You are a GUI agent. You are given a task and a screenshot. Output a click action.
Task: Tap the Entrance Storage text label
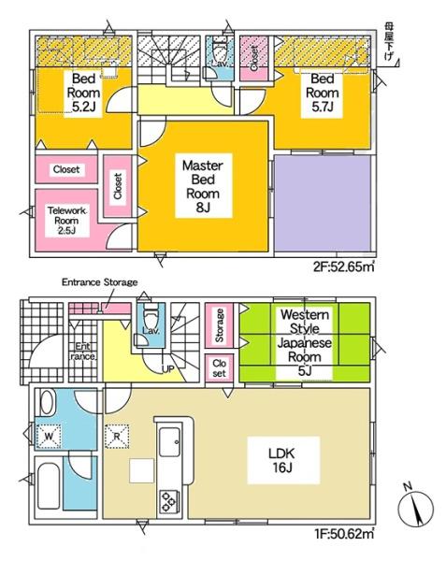[99, 281]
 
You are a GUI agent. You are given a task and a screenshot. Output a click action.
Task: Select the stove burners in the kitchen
[170, 499]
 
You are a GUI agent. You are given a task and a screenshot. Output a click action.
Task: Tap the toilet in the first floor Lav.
[149, 320]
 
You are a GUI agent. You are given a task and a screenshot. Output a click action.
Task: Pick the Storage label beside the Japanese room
[219, 324]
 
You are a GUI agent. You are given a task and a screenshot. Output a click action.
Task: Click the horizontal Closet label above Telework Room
[65, 170]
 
